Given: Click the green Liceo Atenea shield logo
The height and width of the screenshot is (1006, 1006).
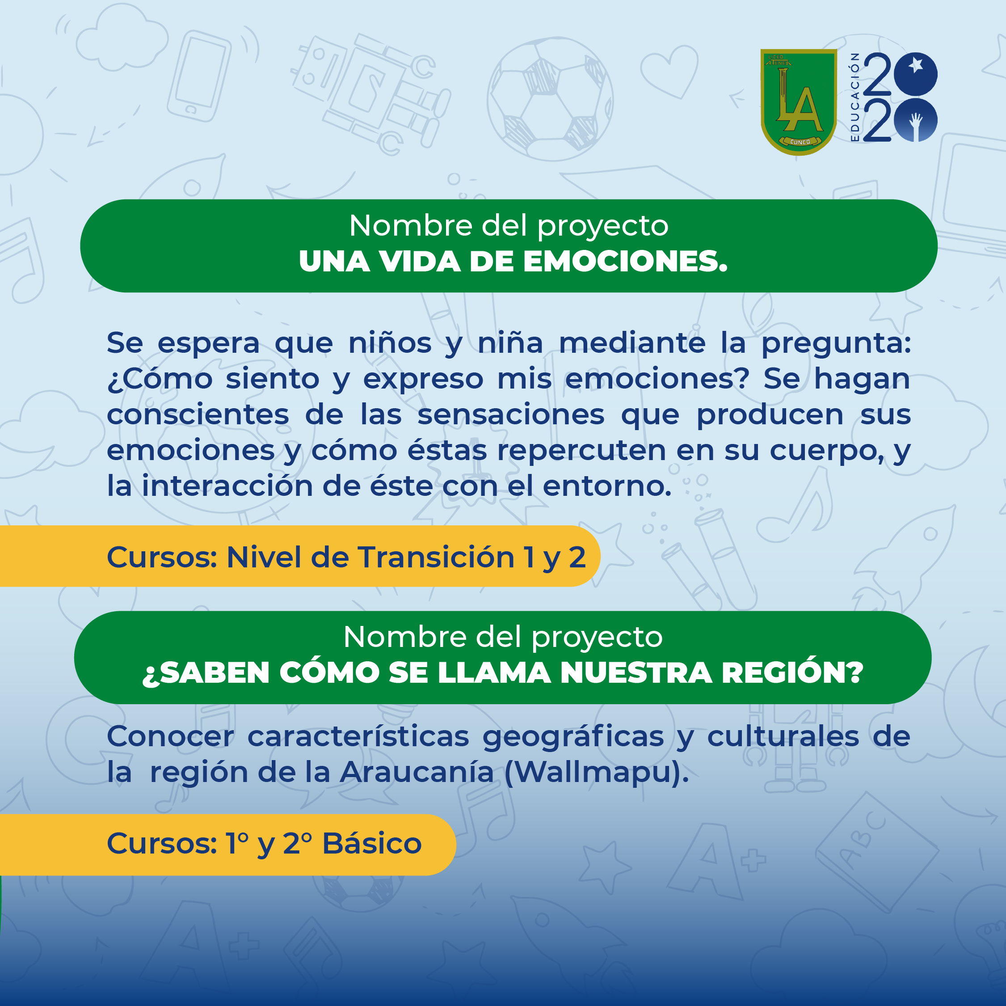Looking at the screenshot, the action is click(x=798, y=101).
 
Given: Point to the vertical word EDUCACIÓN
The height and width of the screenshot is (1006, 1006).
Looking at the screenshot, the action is click(x=854, y=97).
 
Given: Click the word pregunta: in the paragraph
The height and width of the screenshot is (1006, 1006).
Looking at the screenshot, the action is click(x=836, y=344).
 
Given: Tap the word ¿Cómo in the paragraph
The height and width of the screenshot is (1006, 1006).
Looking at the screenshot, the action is click(x=160, y=379).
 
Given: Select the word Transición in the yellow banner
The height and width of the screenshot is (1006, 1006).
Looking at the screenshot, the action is click(x=436, y=557).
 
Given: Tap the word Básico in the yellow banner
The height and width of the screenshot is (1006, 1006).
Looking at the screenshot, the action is click(x=372, y=843).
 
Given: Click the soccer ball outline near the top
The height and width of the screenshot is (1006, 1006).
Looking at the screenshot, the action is click(x=550, y=98).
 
